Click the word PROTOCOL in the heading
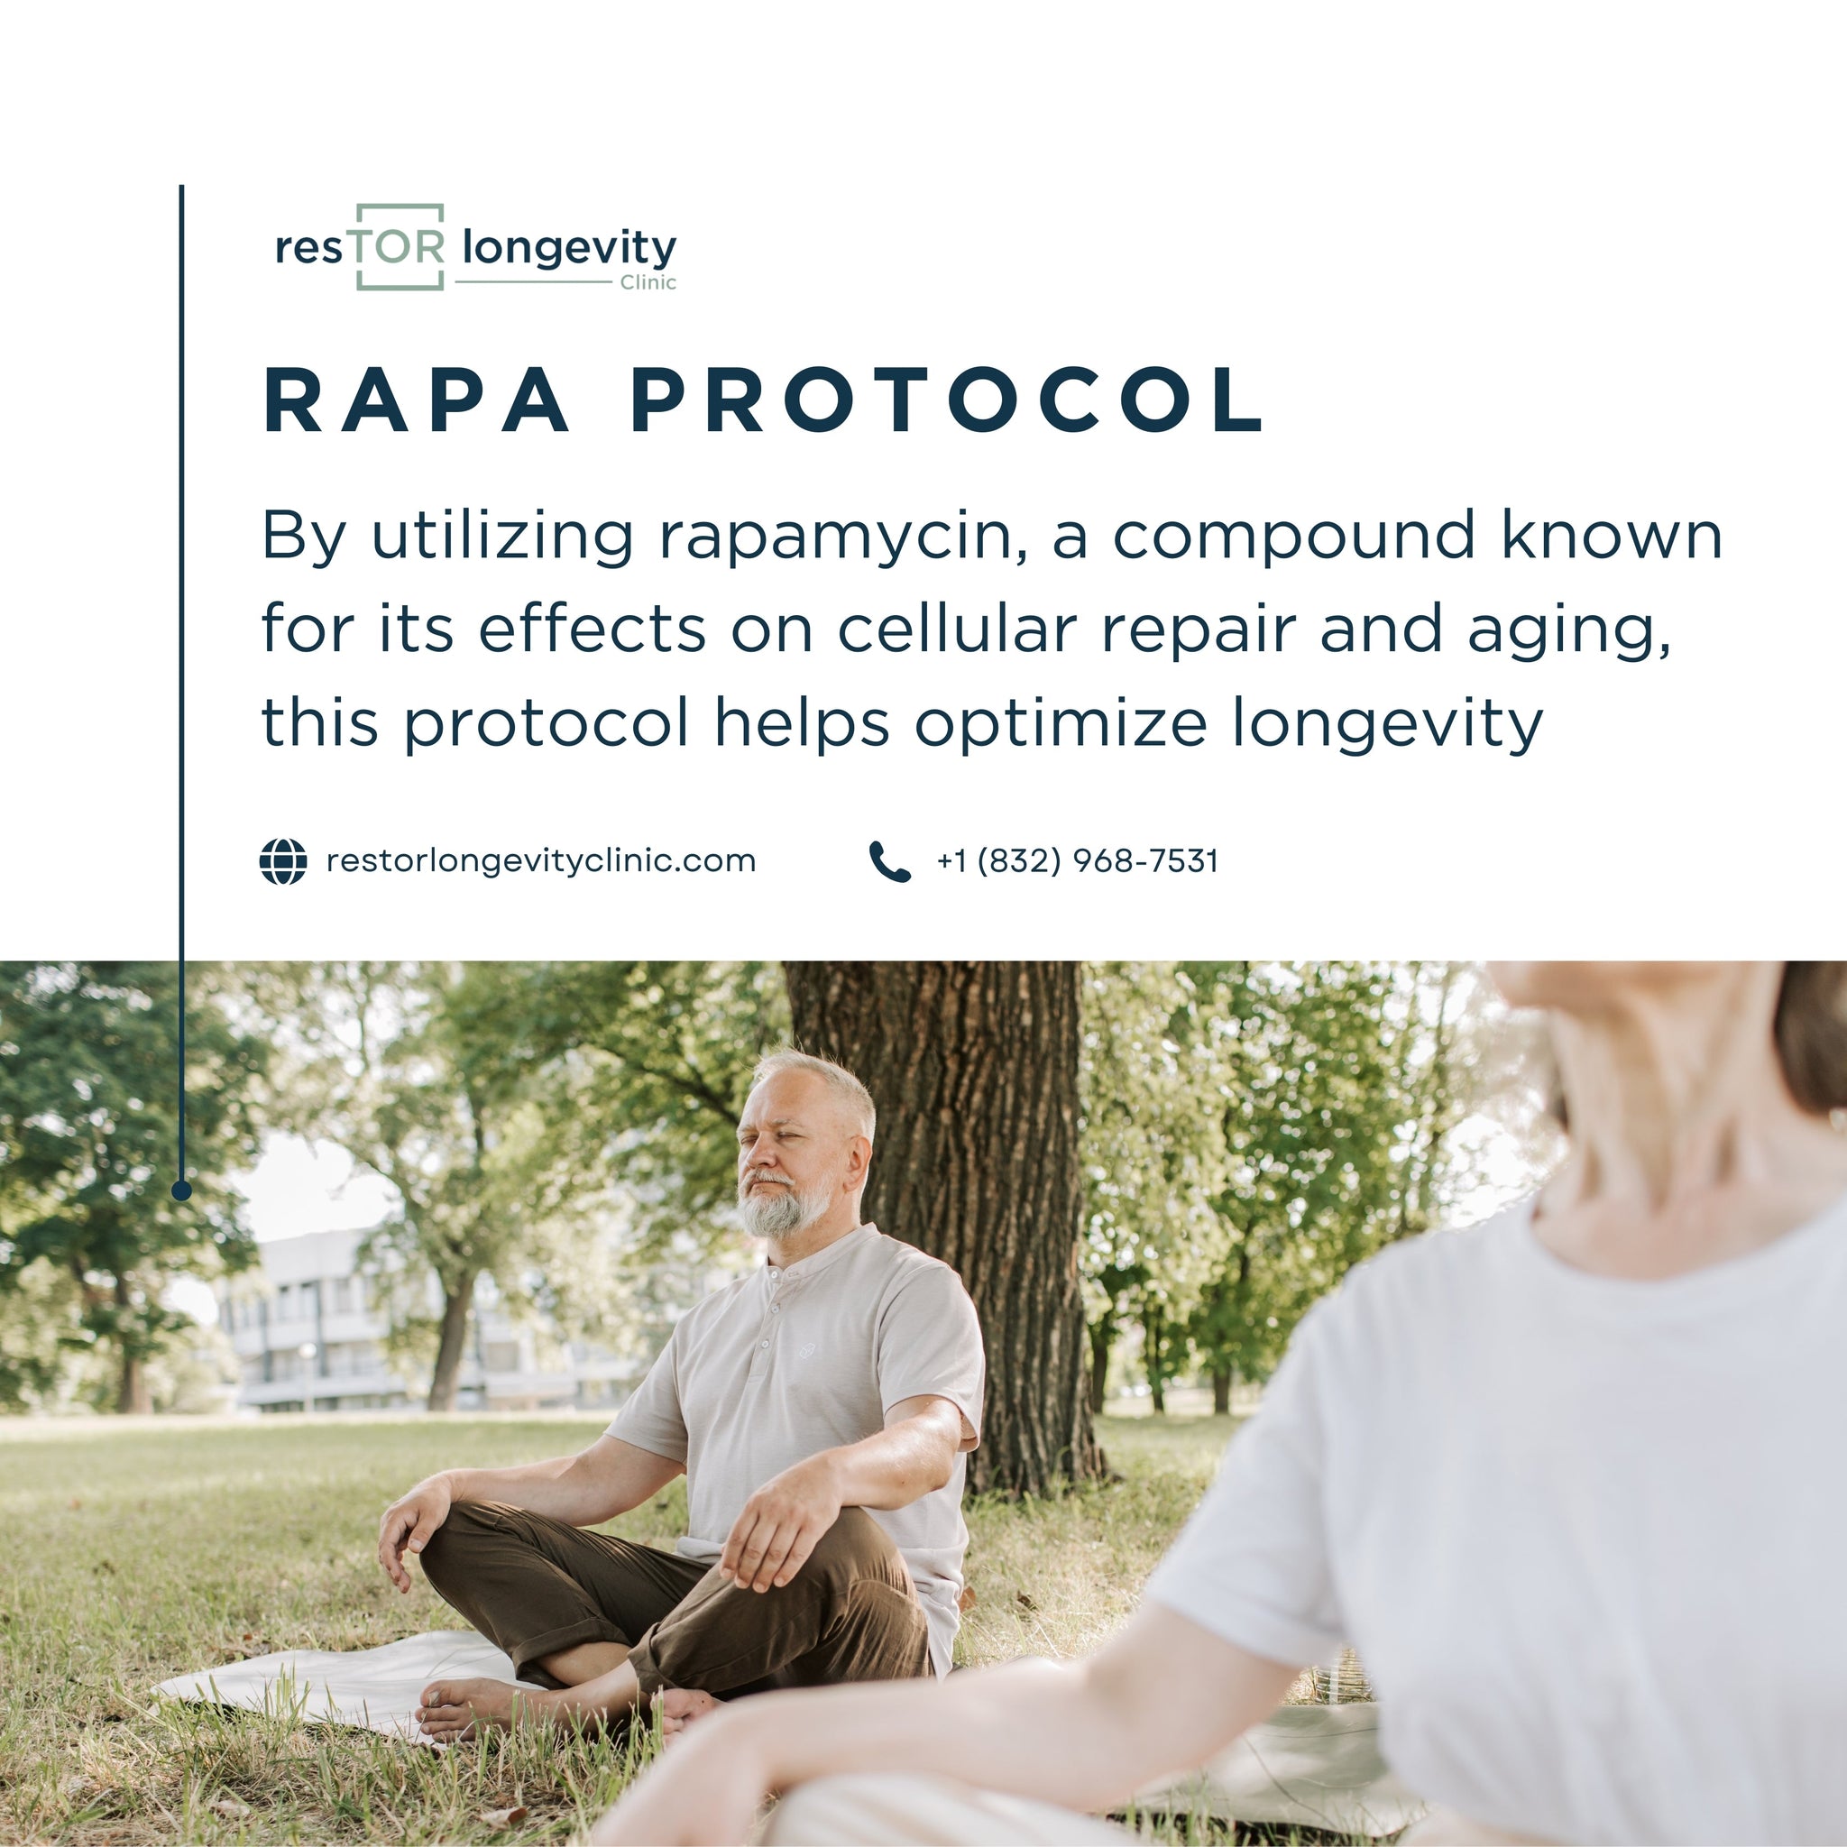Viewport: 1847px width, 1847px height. tap(949, 400)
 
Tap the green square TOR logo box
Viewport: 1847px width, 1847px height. tap(400, 246)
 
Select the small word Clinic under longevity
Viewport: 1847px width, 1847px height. tap(648, 283)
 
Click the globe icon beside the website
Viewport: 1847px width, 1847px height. tap(283, 861)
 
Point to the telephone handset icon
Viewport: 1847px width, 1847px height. tap(889, 861)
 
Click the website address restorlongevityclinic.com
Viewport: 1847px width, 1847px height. tap(541, 861)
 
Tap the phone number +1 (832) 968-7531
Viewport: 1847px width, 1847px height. tap(1078, 861)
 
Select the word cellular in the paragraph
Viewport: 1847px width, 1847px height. tap(957, 631)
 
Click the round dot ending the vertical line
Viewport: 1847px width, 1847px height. tap(181, 1190)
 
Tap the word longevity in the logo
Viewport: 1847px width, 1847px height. tap(569, 249)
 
